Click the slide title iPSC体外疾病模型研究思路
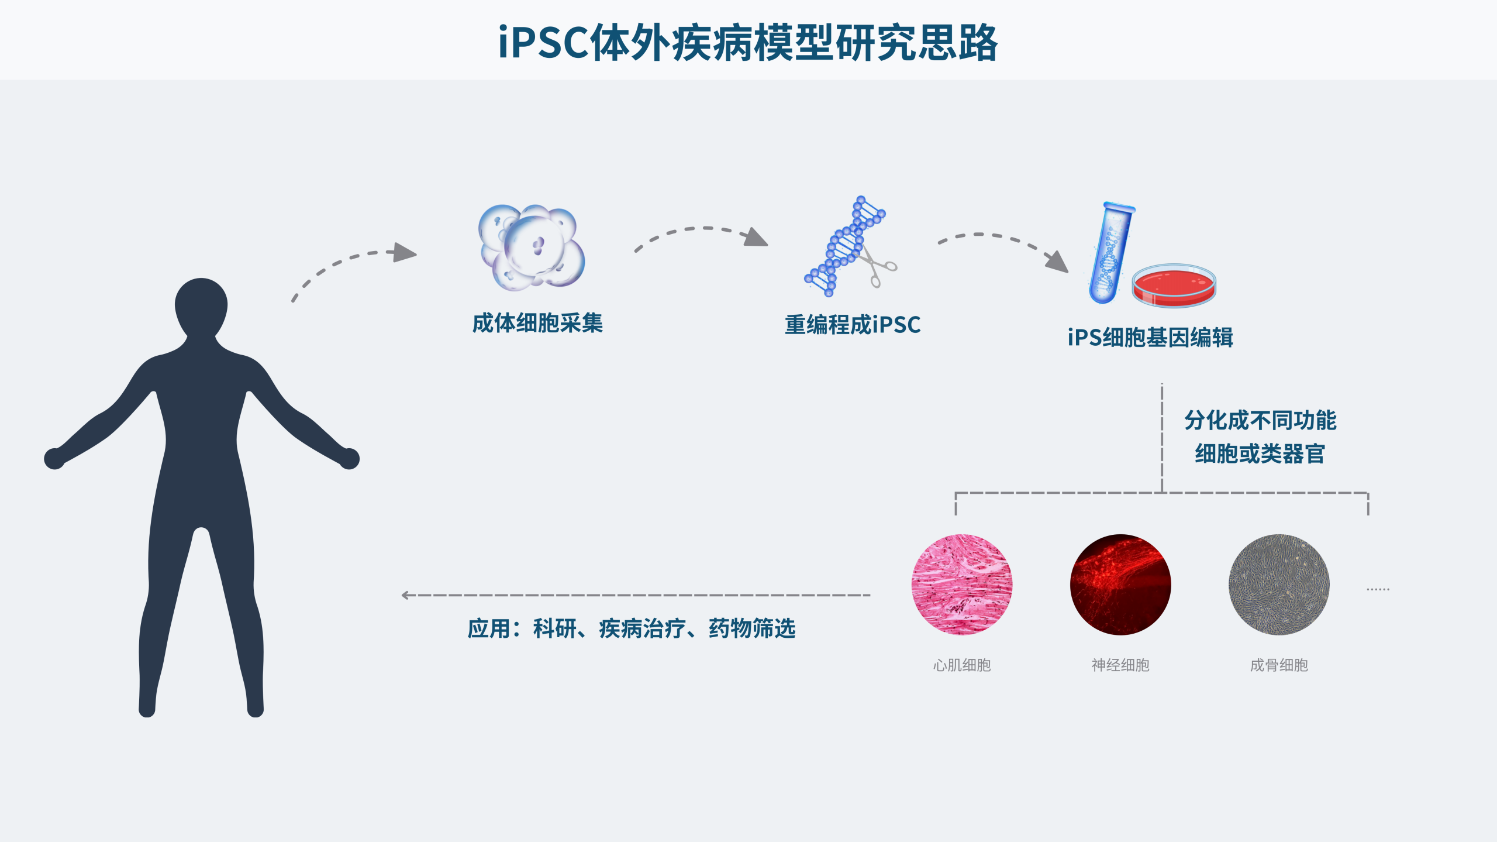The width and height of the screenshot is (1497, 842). pos(748,42)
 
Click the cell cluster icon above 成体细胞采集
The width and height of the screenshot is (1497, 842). pos(532,248)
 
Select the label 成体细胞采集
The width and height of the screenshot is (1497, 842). pos(537,323)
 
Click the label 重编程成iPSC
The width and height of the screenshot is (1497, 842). pos(853,325)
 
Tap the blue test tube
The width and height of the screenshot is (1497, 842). pos(1110,253)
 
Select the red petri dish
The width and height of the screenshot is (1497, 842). pos(1174,285)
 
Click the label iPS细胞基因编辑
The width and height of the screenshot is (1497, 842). pos(1150,338)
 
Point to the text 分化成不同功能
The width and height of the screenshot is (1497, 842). pos(1260,420)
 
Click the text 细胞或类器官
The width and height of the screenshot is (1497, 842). pos(1260,453)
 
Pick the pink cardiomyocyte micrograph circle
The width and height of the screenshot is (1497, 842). pos(962,585)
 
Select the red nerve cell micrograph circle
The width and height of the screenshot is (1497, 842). pos(1120,585)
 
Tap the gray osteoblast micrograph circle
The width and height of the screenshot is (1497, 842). pos(1279,585)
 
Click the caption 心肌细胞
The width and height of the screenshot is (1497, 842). pos(962,665)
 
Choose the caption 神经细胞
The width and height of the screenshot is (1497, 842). pos(1120,665)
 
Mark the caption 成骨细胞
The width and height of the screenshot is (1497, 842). pos(1279,665)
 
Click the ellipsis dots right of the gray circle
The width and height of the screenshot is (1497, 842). pos(1378,589)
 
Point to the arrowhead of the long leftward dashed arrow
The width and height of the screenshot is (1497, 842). pos(405,595)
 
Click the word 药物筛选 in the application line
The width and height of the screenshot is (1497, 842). pos(752,628)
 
